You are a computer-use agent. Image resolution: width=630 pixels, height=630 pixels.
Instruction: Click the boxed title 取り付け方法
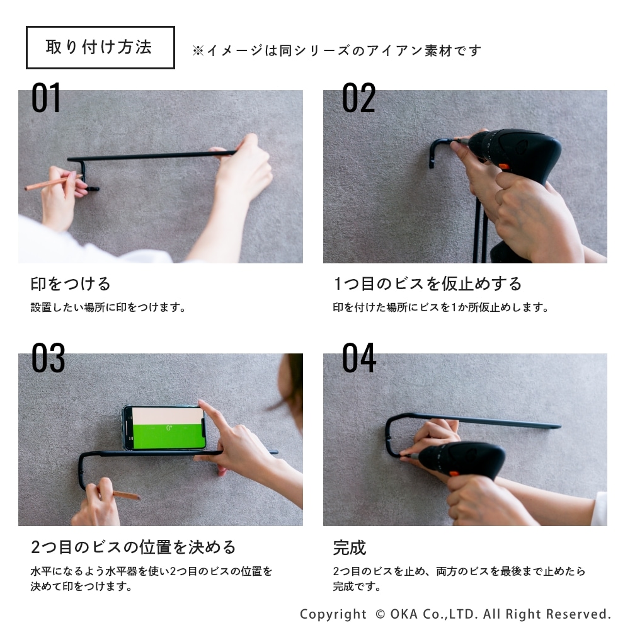100,47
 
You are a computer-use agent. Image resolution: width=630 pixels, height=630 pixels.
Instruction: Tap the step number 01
46,98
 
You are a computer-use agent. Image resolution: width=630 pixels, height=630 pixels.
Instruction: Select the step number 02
358,98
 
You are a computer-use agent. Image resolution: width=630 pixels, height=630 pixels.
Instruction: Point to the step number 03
49,358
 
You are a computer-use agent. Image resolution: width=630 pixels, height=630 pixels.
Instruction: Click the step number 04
359,358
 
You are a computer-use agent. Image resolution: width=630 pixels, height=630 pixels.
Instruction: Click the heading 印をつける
71,283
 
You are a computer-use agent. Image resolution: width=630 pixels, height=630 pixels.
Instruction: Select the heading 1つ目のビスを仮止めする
428,283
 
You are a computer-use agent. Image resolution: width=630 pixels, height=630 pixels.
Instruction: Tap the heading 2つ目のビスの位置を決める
133,547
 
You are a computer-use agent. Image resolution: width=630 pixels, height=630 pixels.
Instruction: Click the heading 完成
350,547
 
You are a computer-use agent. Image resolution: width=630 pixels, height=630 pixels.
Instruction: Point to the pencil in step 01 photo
54,181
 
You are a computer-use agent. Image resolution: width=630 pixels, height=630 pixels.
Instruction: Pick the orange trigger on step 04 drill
454,474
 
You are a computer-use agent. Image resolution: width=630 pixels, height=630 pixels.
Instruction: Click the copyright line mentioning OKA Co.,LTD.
455,614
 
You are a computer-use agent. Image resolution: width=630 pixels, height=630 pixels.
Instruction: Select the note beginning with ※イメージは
336,50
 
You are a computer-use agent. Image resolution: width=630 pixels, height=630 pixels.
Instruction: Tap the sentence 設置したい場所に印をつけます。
108,307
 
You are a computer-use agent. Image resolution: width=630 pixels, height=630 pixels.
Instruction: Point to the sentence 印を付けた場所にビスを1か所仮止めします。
441,307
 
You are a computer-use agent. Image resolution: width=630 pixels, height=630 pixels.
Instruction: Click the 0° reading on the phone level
169,428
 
